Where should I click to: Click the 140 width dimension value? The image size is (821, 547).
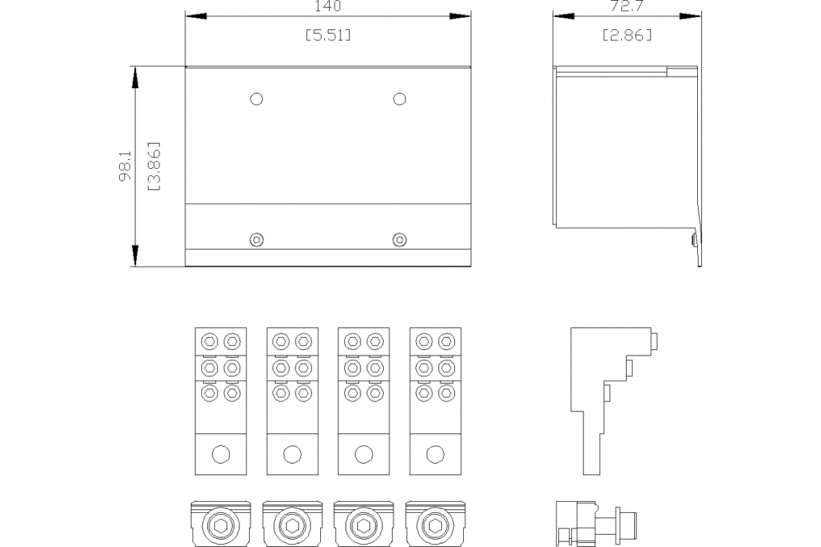point(328,6)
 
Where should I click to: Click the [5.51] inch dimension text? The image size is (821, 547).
point(328,35)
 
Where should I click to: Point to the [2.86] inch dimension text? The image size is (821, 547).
point(627,35)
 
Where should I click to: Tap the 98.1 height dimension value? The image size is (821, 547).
point(125,166)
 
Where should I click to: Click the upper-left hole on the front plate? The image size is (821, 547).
point(257,99)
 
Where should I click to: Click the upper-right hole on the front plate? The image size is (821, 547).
point(400,99)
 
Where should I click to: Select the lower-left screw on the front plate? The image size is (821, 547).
point(257,239)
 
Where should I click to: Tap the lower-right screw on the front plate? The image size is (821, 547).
point(400,239)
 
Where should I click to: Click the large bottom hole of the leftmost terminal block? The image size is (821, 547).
point(221,454)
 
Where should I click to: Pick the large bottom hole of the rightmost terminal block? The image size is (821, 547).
point(435,454)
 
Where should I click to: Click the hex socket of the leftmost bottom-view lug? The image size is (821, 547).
point(221,526)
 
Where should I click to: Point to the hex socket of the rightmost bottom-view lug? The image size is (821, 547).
point(435,526)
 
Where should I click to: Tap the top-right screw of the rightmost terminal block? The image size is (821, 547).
point(446,341)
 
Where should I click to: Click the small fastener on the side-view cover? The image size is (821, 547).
point(694,240)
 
